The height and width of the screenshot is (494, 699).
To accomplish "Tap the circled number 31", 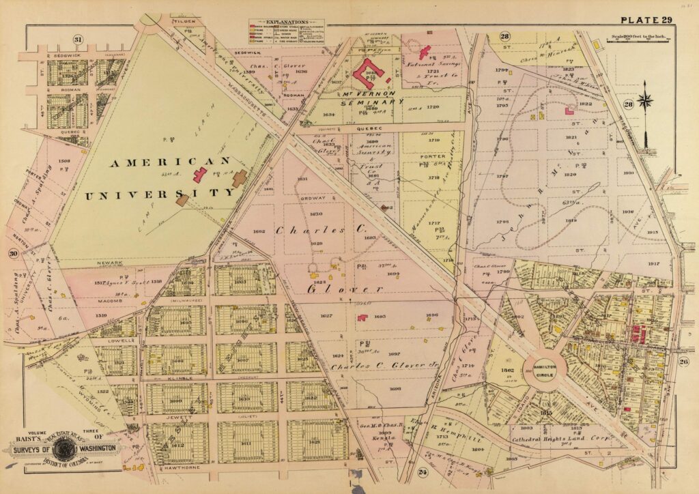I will point(79,40).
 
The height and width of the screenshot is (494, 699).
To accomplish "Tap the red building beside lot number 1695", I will point(362,317).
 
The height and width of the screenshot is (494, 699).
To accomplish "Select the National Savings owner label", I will point(433,63).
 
